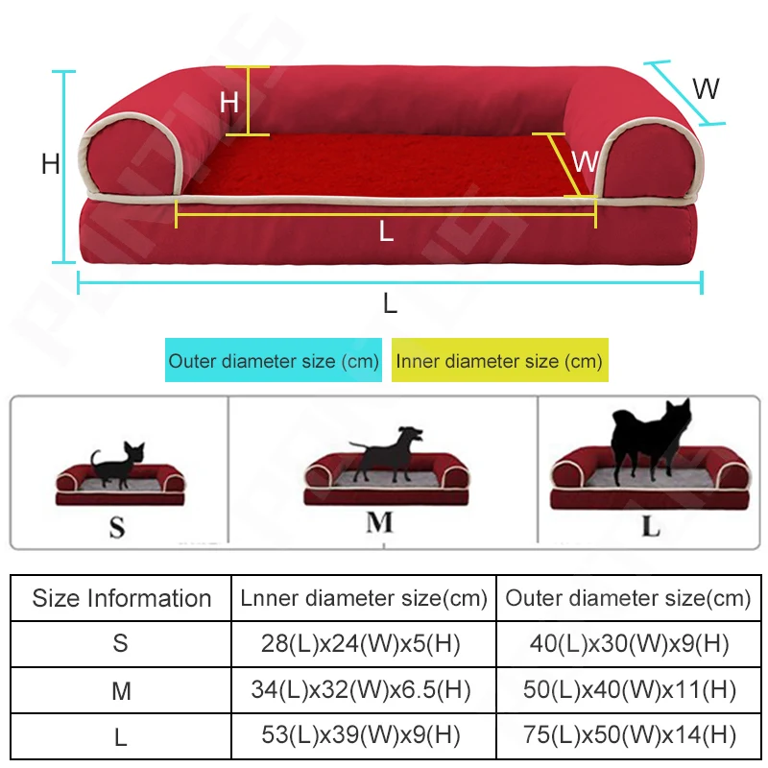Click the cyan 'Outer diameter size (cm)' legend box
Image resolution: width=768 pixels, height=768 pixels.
click(274, 361)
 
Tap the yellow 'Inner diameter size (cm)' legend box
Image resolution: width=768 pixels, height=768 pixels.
click(499, 361)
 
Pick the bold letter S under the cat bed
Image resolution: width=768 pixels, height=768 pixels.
click(117, 527)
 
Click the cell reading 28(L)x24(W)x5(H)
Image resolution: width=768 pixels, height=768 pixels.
click(362, 643)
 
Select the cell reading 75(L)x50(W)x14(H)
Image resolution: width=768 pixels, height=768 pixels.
click(629, 737)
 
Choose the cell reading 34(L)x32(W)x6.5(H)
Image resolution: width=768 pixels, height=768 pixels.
click(362, 690)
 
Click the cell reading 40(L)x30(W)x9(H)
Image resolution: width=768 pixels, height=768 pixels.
click(629, 643)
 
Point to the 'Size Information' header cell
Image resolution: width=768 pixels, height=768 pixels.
click(122, 598)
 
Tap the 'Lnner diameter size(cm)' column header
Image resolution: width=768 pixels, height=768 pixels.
click(362, 598)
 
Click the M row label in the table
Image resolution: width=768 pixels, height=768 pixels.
click(121, 690)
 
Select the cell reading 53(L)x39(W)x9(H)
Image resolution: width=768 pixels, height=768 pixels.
click(362, 737)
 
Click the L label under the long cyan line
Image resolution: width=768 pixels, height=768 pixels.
click(390, 303)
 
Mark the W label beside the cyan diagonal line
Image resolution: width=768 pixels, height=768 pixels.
click(706, 89)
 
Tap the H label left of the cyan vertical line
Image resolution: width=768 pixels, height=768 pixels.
click(51, 165)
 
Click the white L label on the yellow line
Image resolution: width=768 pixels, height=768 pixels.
click(386, 231)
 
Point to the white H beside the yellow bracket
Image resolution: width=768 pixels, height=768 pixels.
click(228, 102)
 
